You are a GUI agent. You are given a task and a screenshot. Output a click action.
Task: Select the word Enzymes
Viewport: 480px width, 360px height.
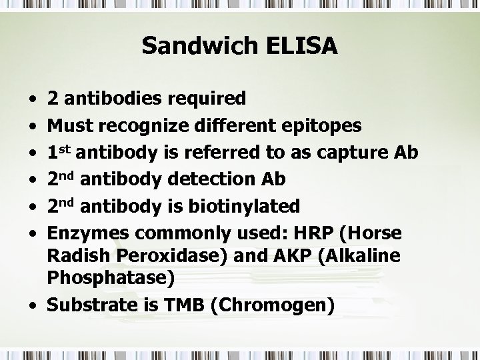(81, 233)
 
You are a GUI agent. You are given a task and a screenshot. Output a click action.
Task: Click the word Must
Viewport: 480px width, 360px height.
(65, 125)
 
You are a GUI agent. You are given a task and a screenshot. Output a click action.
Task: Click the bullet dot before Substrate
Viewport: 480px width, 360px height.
(33, 307)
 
